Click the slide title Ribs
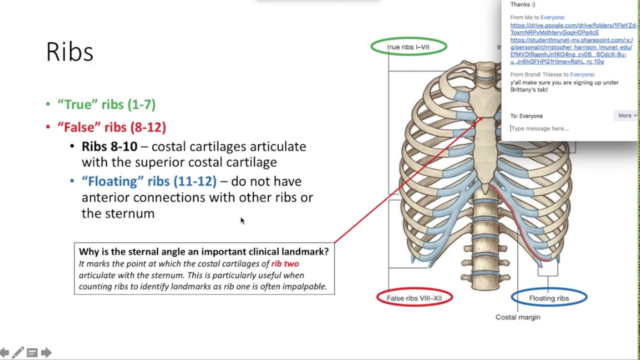coord(69,52)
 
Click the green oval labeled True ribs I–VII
coord(408,47)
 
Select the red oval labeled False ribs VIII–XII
coord(414,298)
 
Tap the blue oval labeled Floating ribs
coord(548,298)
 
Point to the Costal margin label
coord(517,317)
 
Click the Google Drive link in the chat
coord(573,29)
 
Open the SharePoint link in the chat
coord(571,51)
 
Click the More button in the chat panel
coord(626,115)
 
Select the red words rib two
coord(285,263)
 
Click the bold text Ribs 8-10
coord(109,146)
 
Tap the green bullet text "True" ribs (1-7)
coord(106,104)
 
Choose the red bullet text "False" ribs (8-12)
coord(111,127)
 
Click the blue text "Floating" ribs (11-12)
coord(149,181)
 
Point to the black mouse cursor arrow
coord(242,220)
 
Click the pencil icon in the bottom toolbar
coord(18,353)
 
